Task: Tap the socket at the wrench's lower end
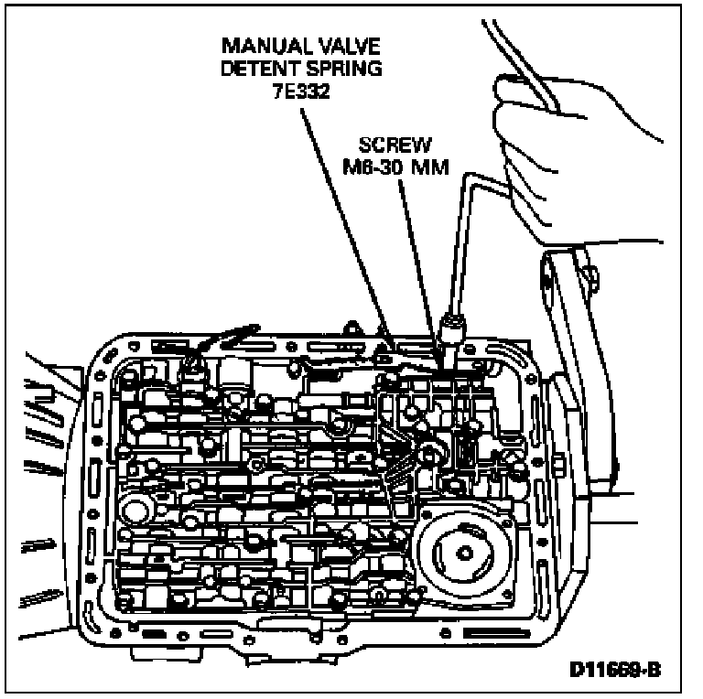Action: pyautogui.click(x=450, y=328)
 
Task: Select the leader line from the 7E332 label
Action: pyautogui.click(x=348, y=220)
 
